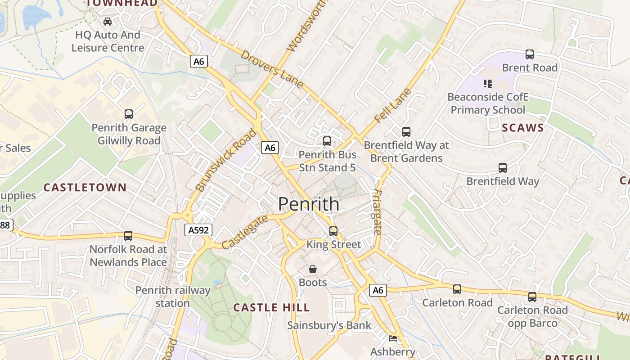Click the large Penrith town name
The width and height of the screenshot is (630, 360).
pos(309,204)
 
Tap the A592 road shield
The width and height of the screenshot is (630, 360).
pos(198,230)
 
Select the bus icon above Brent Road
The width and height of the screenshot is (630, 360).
pos(530,54)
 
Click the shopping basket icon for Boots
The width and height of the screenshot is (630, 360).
pos(313,269)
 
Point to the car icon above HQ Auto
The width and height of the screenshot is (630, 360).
pos(108,22)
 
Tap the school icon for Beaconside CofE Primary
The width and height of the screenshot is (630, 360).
pos(488,84)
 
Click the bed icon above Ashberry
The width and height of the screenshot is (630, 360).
pos(393,338)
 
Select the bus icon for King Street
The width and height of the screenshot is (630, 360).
pos(333,231)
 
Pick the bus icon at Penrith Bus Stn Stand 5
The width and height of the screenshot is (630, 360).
pos(327,141)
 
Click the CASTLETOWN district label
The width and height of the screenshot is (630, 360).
pos(85,188)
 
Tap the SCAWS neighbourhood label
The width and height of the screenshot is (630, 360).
pos(523,128)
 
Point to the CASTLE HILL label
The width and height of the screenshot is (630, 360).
pos(272,308)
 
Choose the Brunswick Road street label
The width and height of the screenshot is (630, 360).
pos(226,160)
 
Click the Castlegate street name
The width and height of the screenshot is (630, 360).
pos(245,232)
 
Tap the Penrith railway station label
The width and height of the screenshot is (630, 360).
pos(173,297)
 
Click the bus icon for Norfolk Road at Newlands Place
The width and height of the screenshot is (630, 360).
pos(128,236)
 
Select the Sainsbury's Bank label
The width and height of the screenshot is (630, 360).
pos(329,325)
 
